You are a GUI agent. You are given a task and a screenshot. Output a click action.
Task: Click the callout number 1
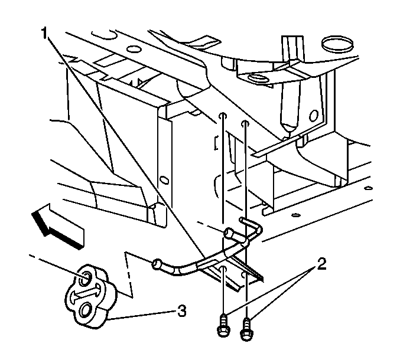click(44, 34)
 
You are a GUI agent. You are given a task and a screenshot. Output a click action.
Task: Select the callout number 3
click(181, 311)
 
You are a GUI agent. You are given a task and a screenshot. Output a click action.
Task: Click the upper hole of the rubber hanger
click(86, 279)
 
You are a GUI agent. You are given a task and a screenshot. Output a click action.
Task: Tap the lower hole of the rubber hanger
click(85, 310)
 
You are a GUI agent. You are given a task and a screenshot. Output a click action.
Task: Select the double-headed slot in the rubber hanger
click(84, 294)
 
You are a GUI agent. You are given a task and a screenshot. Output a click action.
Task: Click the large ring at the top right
click(337, 44)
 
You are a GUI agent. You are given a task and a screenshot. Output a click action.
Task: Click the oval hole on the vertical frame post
click(164, 181)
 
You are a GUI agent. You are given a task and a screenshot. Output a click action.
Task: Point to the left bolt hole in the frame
click(223, 116)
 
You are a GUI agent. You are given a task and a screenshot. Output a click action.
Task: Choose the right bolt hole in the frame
click(245, 124)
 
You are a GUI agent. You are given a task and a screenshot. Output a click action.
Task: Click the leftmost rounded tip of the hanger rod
click(156, 264)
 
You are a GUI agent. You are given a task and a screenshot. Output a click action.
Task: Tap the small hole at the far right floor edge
click(368, 188)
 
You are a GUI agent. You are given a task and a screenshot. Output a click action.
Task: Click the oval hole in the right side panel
click(314, 116)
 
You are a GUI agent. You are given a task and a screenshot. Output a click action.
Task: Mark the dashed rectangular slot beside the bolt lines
click(216, 142)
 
